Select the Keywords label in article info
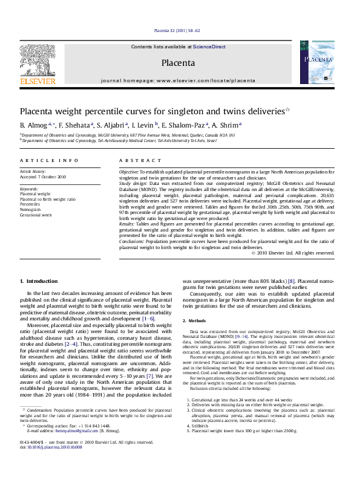pos(30,190)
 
